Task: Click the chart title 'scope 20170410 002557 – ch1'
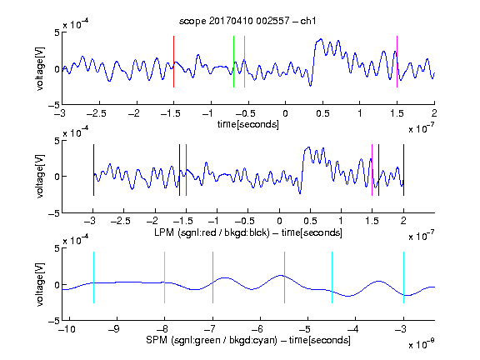pyautogui.click(x=247, y=21)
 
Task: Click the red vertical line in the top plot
pyautogui.click(x=173, y=62)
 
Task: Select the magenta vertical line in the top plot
pyautogui.click(x=397, y=62)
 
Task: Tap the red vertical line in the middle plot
pyautogui.click(x=186, y=170)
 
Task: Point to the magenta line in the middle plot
pyautogui.click(x=372, y=170)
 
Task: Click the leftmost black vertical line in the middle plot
pyautogui.click(x=93, y=170)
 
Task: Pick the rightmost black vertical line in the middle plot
pyautogui.click(x=403, y=170)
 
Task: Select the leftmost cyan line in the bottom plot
pyautogui.click(x=93, y=277)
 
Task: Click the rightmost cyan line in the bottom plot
pyautogui.click(x=403, y=277)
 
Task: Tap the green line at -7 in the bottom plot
pyautogui.click(x=212, y=277)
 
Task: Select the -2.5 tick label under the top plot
pyautogui.click(x=96, y=113)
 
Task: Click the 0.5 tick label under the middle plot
pyautogui.click(x=310, y=221)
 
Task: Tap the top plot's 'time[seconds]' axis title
pyautogui.click(x=248, y=124)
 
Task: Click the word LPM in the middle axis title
pyautogui.click(x=164, y=232)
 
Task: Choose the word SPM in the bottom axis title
pyautogui.click(x=157, y=340)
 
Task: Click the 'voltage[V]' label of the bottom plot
pyautogui.click(x=40, y=284)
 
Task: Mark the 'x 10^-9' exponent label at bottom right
pyautogui.click(x=421, y=344)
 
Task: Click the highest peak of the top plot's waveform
pyautogui.click(x=321, y=39)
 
